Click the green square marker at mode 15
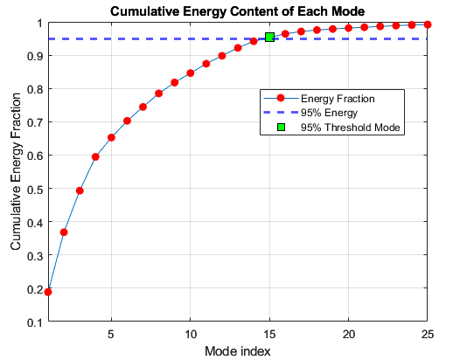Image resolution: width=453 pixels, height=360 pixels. pyautogui.click(x=269, y=38)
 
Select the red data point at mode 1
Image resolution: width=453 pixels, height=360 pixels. pyautogui.click(x=48, y=292)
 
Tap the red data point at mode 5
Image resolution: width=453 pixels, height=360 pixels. pyautogui.click(x=111, y=137)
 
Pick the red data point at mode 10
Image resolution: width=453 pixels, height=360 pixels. pyautogui.click(x=191, y=73)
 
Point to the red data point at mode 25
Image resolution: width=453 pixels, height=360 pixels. pyautogui.click(x=428, y=24)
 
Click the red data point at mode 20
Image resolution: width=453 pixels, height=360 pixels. pyautogui.click(x=348, y=28)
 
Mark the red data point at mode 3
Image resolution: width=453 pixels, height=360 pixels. pyautogui.click(x=80, y=190)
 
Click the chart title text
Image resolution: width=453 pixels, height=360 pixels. pyautogui.click(x=237, y=11)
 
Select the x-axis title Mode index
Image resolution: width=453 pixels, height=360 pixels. pyautogui.click(x=238, y=351)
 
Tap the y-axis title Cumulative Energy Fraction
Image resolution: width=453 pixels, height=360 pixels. pyautogui.click(x=16, y=171)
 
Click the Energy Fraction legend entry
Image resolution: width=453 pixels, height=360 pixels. pyautogui.click(x=319, y=99)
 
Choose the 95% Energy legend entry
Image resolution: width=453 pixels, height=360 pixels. pyautogui.click(x=310, y=113)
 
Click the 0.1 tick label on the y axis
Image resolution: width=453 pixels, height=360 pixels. pyautogui.click(x=35, y=322)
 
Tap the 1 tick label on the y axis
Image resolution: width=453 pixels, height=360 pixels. pyautogui.click(x=39, y=24)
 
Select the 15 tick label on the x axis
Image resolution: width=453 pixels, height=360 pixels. pyautogui.click(x=269, y=334)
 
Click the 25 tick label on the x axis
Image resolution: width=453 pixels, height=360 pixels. pyautogui.click(x=428, y=334)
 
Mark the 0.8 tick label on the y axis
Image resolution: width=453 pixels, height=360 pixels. pyautogui.click(x=35, y=89)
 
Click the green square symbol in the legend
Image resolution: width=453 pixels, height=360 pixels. pyautogui.click(x=281, y=128)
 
